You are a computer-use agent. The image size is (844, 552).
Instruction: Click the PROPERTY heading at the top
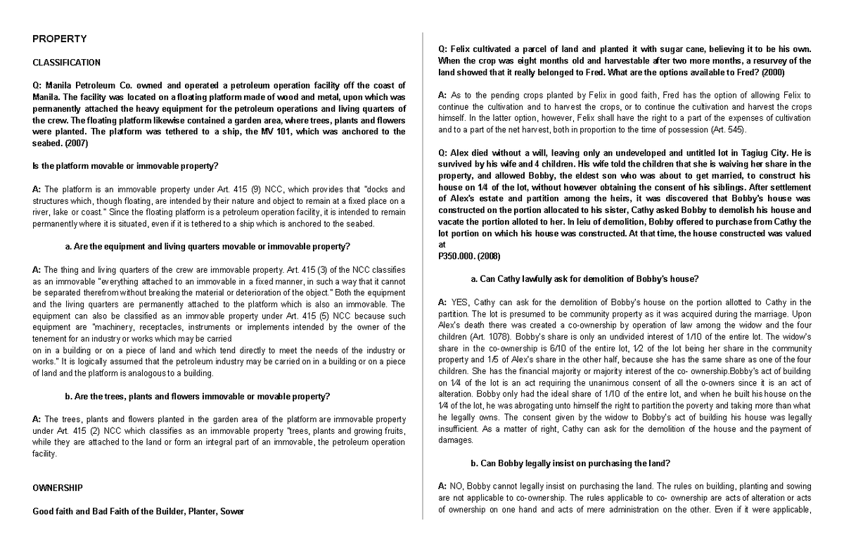pyautogui.click(x=60, y=39)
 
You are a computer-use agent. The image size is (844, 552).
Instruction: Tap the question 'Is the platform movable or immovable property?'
pyautogui.click(x=126, y=166)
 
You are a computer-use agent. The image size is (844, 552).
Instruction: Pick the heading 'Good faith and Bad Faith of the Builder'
pyautogui.click(x=139, y=511)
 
